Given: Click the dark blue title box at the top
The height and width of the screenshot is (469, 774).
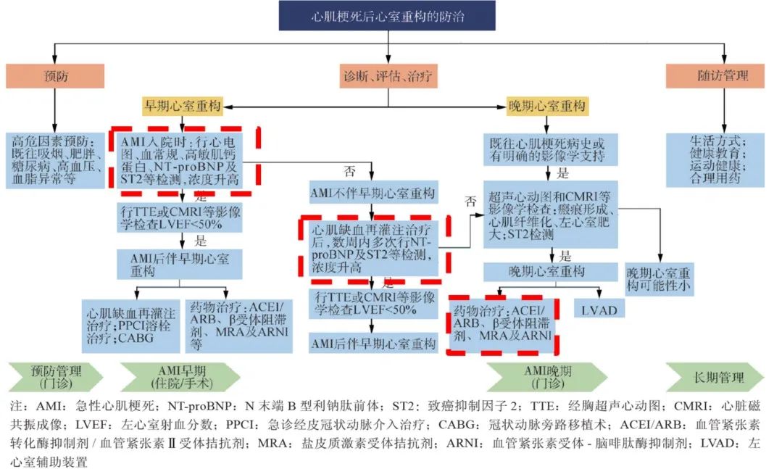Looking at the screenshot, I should coord(388,16).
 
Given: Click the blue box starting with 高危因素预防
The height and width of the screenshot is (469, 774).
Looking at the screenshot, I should coord(54,161).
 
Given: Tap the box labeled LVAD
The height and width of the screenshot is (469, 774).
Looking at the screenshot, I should coord(599,310).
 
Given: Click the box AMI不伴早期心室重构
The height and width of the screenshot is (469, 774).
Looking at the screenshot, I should coord(373,194).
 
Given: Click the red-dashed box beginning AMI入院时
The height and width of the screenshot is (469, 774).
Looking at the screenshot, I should coord(185,160).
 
